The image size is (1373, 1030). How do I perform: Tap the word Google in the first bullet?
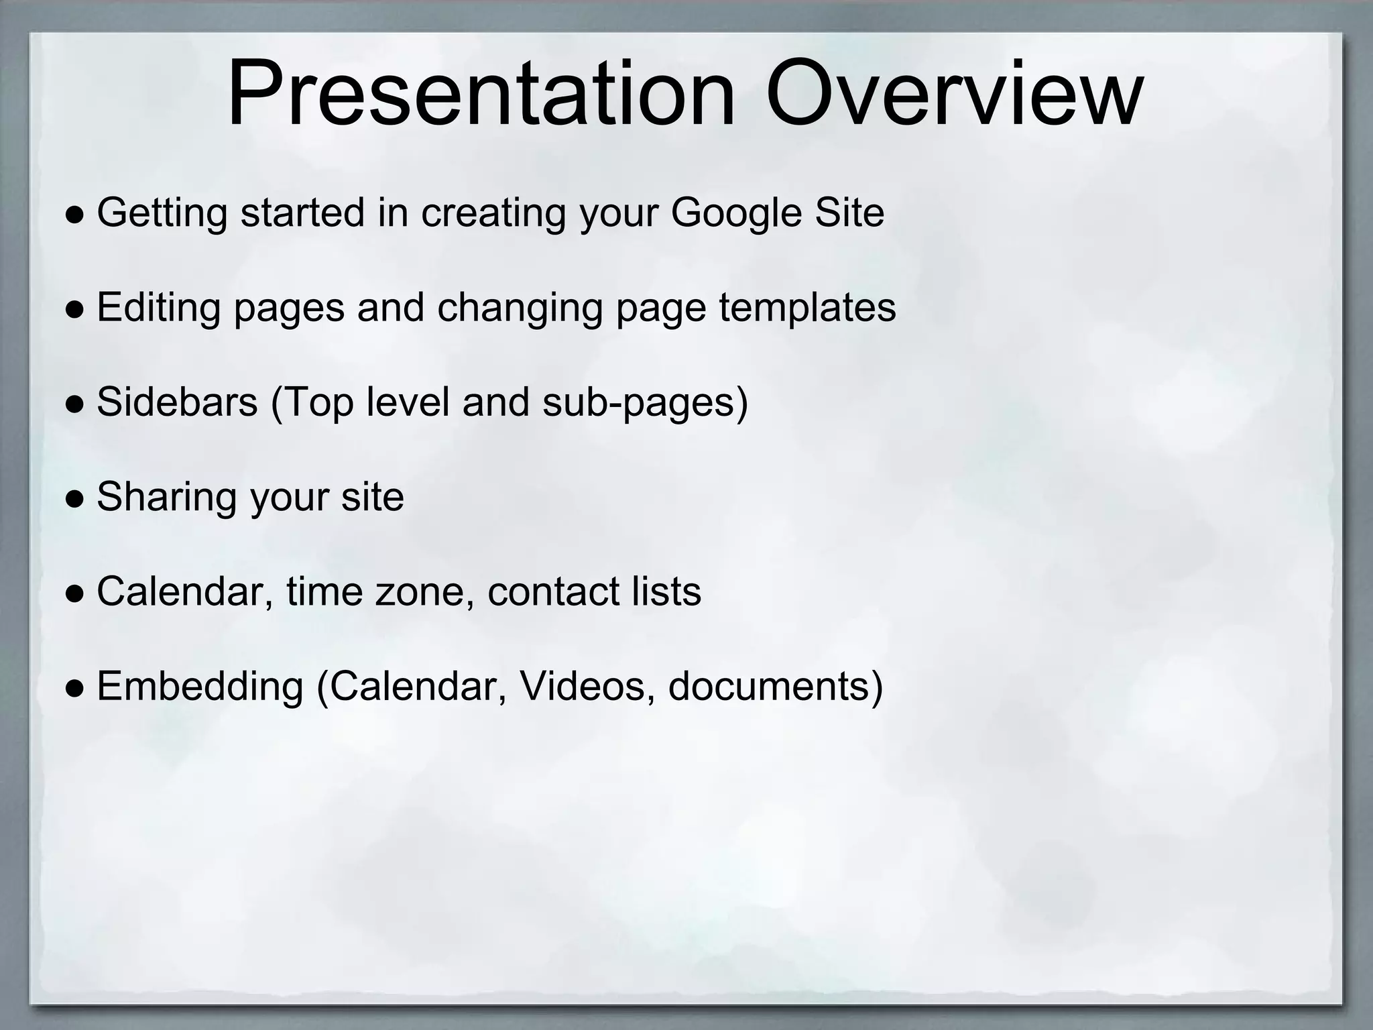coord(735,213)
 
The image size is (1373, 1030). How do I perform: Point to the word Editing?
coord(158,308)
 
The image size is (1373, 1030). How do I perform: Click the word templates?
coord(807,308)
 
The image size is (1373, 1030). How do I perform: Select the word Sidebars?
coord(177,402)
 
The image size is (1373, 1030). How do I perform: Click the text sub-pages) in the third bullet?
coord(644,403)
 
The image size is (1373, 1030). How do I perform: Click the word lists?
coord(666,591)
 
